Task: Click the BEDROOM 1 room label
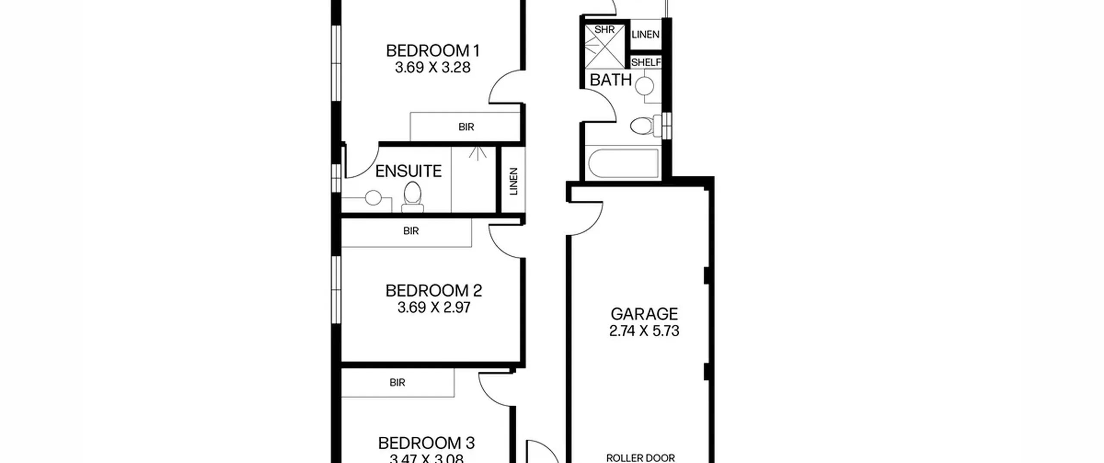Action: click(x=433, y=51)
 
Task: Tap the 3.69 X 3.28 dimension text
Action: click(x=433, y=68)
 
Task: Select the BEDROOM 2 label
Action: click(x=433, y=291)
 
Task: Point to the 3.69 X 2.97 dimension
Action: click(x=433, y=308)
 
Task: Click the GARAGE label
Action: click(x=644, y=314)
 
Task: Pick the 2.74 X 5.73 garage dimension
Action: click(x=644, y=331)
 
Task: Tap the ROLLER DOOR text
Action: click(x=640, y=458)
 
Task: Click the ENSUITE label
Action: click(x=408, y=171)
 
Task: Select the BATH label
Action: click(x=611, y=80)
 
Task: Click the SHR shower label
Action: click(x=604, y=30)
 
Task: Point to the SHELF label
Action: click(x=646, y=62)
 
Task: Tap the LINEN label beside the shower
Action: click(x=646, y=34)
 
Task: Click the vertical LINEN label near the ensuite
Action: click(x=513, y=181)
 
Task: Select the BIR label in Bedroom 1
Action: click(x=466, y=127)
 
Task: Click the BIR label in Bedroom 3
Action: click(x=397, y=382)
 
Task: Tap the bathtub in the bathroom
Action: click(x=623, y=163)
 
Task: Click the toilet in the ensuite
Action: click(x=413, y=197)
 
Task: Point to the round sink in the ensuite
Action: click(x=373, y=198)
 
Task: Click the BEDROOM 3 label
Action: click(x=426, y=443)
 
